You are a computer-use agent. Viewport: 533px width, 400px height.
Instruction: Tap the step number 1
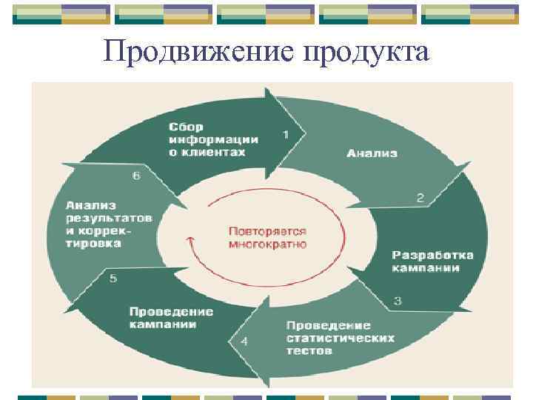pos(286,134)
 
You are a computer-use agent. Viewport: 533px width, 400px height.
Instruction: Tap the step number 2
pos(420,198)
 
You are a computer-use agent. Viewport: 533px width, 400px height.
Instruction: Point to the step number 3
pos(398,301)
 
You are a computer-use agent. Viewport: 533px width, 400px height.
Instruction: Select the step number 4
pos(244,341)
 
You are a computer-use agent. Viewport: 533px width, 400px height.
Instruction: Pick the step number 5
pos(113,279)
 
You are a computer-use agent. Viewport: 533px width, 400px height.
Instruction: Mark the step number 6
pos(135,176)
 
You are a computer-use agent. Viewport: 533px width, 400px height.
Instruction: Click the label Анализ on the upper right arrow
pos(372,153)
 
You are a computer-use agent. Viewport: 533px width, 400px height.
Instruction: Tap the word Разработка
pos(432,255)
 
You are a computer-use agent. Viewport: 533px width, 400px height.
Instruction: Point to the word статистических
pos(340,338)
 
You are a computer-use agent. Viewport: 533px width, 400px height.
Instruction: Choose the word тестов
pos(309,350)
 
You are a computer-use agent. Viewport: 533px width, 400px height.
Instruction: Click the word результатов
pos(109,218)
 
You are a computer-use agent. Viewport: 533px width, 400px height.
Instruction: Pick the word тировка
pos(93,243)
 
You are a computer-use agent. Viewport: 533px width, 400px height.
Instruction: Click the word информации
pos(213,139)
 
